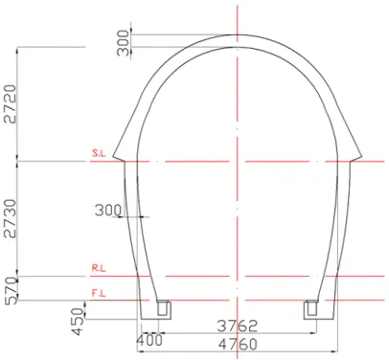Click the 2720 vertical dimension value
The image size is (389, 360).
(x=10, y=103)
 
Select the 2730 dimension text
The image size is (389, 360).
(x=10, y=218)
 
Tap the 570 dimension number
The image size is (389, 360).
(x=11, y=291)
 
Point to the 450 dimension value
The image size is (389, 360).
(x=78, y=322)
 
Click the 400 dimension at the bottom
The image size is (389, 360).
(x=149, y=340)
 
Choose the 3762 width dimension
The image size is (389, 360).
(x=237, y=326)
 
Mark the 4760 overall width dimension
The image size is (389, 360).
(x=238, y=345)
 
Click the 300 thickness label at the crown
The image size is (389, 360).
(x=123, y=42)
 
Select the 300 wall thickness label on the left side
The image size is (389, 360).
(x=108, y=211)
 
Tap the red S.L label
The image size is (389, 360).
(x=99, y=153)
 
